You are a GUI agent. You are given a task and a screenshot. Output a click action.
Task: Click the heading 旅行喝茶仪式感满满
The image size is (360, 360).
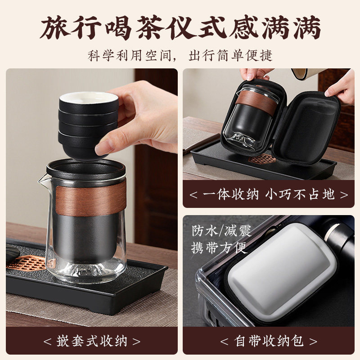(x=180, y=27)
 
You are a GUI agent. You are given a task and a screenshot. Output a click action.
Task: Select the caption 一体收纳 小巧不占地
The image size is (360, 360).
(x=268, y=194)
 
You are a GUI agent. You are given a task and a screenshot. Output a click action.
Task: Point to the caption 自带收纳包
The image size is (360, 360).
(x=268, y=340)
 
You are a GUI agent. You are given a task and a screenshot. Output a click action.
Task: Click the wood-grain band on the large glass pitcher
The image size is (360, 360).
(x=90, y=198)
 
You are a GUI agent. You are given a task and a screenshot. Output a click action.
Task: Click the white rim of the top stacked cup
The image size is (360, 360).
(x=88, y=97)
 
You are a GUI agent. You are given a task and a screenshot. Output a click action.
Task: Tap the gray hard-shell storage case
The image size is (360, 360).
(x=279, y=270)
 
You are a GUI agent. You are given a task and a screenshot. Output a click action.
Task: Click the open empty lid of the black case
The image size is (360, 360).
(x=310, y=128)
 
